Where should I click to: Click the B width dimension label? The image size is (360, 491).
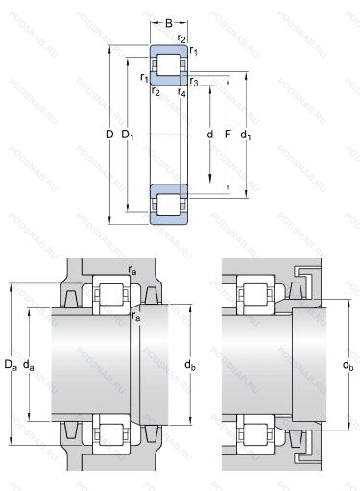tap(169, 23)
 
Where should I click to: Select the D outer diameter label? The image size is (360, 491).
tap(109, 135)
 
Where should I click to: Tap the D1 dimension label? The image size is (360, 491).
tap(128, 135)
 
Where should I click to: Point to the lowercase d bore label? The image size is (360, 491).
tap(209, 135)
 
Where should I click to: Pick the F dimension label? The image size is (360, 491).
tap(228, 135)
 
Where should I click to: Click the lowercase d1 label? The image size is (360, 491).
tap(246, 135)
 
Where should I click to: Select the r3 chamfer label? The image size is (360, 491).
tap(194, 82)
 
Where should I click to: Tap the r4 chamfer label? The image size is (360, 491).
tap(181, 92)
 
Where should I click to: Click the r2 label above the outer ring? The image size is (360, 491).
tap(181, 38)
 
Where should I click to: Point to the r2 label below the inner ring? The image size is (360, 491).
tap(156, 91)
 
